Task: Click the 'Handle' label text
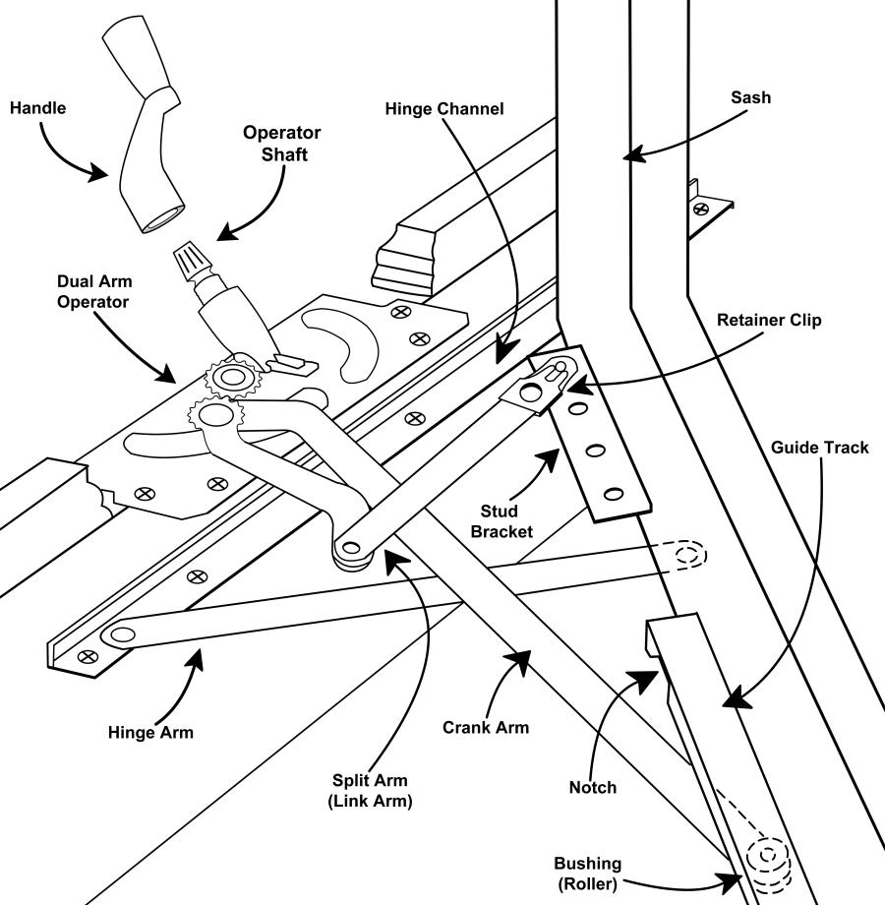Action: point(38,108)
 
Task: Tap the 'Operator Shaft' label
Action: point(282,144)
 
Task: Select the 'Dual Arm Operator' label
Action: point(94,291)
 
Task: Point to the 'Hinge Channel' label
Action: point(444,109)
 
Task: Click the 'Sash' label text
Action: point(750,97)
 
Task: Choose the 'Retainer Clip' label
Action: point(769,321)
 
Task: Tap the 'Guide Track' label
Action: point(820,448)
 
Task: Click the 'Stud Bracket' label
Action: point(501,521)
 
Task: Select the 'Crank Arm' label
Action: point(486,727)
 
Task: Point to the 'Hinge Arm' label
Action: point(150,733)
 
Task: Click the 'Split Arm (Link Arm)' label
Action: point(370,790)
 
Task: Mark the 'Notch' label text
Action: point(593,787)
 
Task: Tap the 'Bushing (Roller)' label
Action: point(588,874)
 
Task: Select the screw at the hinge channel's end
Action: point(88,656)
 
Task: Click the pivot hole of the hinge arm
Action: point(123,635)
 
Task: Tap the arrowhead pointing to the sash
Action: point(633,154)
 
